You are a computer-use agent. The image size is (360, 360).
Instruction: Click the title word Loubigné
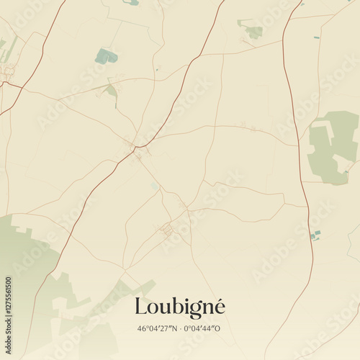[x=179, y=307]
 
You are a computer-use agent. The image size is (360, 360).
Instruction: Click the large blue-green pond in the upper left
[x=106, y=55]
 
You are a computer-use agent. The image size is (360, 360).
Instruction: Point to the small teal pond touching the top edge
[x=132, y=2]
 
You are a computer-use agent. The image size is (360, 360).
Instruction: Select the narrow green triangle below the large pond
[x=112, y=92]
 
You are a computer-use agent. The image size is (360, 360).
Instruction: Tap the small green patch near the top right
[x=253, y=31]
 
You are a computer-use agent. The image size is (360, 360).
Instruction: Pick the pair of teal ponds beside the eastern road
[x=315, y=235]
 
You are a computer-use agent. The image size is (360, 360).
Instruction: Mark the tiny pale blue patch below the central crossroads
[x=153, y=186]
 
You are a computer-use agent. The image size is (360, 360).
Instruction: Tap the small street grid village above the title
[x=166, y=230]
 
